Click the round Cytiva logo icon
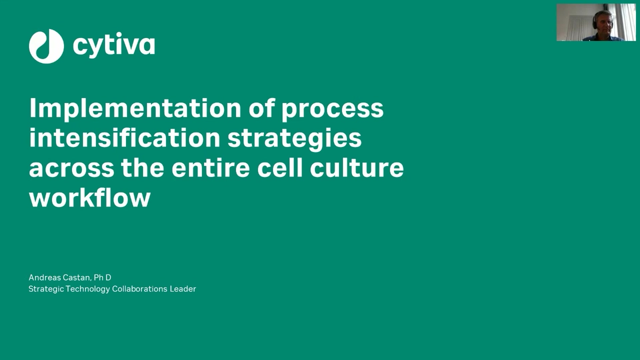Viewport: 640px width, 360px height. (46, 46)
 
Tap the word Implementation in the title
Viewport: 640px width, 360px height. (135, 108)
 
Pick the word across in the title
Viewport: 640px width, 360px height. (72, 168)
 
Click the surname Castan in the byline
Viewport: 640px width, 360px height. (77, 278)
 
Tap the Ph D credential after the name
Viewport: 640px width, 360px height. (102, 277)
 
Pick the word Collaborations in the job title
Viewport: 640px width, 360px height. (140, 289)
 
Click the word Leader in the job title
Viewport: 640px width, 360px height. (183, 289)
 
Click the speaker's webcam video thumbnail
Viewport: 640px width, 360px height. (596, 22)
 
